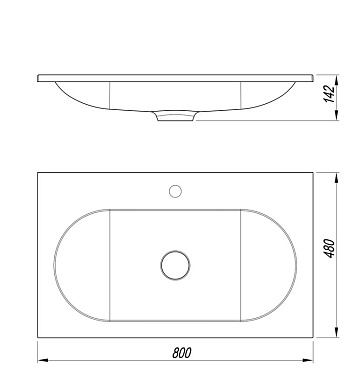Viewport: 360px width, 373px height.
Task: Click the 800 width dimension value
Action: click(x=182, y=352)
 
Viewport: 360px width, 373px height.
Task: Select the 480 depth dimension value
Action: click(x=330, y=248)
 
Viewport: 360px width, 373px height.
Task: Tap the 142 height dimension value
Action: click(x=329, y=94)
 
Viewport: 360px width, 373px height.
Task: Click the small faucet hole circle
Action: click(x=175, y=191)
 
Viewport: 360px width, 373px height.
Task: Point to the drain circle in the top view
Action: click(x=175, y=265)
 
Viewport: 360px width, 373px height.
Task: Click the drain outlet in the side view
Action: click(x=175, y=116)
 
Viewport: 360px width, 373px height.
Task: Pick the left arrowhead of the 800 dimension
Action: click(x=43, y=360)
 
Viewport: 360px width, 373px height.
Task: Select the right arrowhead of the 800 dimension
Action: click(x=308, y=360)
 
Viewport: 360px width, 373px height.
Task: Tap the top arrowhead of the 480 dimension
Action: click(x=337, y=178)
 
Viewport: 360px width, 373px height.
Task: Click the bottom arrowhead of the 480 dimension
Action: click(x=337, y=332)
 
